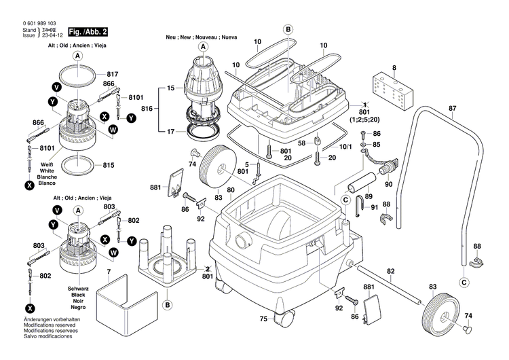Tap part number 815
(109, 165)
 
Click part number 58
(302, 142)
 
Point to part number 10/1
(346, 147)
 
